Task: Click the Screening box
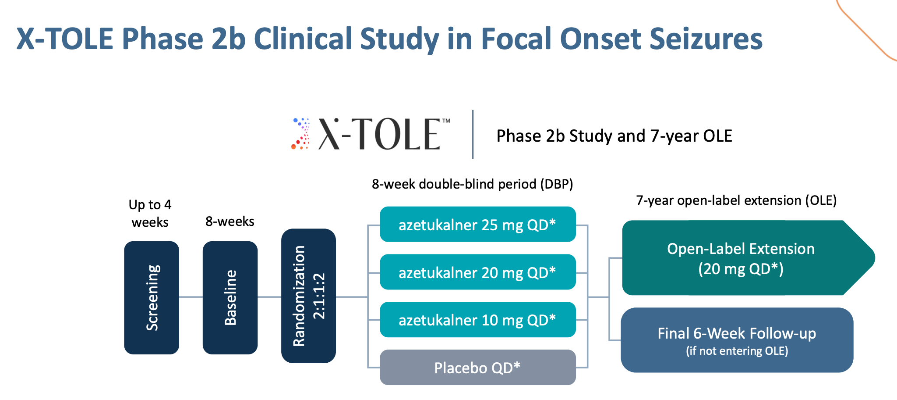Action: tap(152, 297)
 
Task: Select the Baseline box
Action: tap(230, 297)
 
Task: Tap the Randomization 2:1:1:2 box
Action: tap(308, 296)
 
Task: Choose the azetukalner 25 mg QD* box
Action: tap(477, 225)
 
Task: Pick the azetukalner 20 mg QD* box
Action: tap(477, 272)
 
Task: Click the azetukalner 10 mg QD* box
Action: tap(477, 320)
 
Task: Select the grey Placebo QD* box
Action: tap(477, 368)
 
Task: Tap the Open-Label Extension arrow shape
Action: tap(740, 258)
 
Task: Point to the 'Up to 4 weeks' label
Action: tap(150, 213)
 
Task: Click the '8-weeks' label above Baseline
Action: tap(230, 221)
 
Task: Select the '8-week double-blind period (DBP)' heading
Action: tap(472, 184)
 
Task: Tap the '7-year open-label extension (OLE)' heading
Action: tap(736, 200)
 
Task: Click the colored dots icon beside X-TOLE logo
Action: tap(301, 134)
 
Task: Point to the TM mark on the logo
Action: tap(446, 121)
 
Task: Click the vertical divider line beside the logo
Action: tap(473, 134)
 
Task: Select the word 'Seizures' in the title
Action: tap(706, 39)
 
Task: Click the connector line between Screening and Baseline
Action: tap(191, 297)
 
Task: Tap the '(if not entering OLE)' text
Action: tap(737, 351)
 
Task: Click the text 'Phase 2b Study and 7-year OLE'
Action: tap(614, 136)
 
